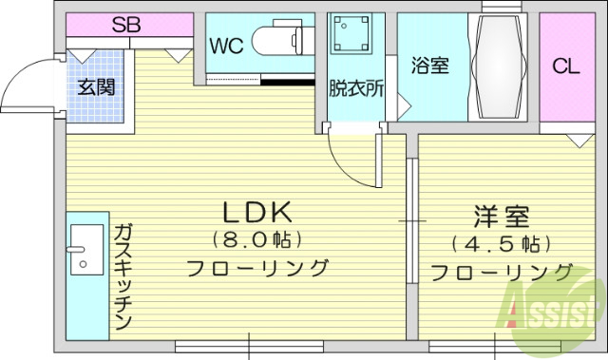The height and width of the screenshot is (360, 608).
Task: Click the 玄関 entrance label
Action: pos(96,87)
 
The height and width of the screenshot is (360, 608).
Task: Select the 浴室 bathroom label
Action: pos(428,66)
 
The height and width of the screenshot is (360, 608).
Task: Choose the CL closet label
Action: pos(566,66)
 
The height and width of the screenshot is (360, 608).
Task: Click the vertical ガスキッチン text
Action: pos(123,276)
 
